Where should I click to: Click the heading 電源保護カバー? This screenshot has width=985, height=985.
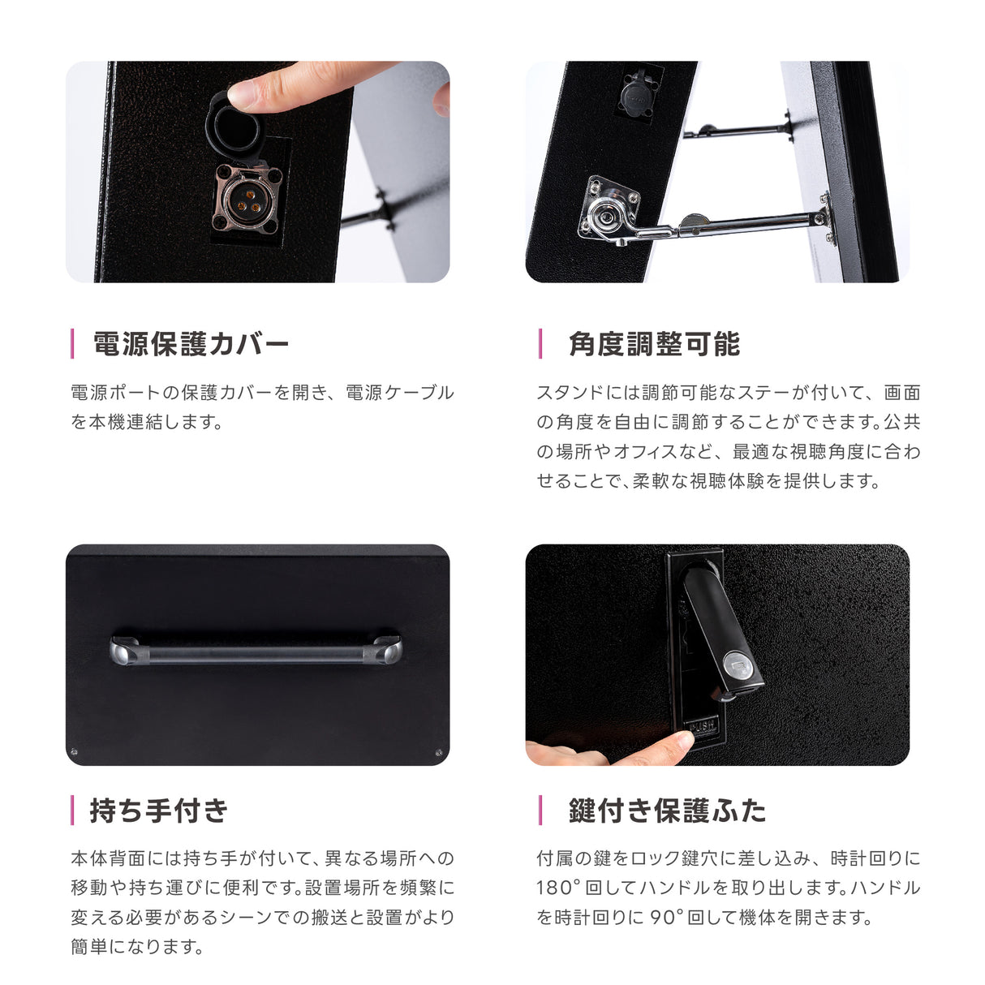click(191, 344)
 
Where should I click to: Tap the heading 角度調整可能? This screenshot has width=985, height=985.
click(654, 344)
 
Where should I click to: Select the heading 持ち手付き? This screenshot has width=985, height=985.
click(159, 810)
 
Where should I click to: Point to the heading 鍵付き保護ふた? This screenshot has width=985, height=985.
click(667, 810)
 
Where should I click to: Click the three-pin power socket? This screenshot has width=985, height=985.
click(247, 198)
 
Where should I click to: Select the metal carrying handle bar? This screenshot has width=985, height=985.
click(256, 651)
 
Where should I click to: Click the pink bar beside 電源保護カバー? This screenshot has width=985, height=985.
click(73, 344)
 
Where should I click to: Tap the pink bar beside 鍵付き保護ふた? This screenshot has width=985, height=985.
click(540, 810)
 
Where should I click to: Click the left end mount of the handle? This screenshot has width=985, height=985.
click(124, 649)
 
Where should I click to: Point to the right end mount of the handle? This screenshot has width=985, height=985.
click(387, 649)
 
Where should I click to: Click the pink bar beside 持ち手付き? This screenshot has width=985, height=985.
click(73, 810)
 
